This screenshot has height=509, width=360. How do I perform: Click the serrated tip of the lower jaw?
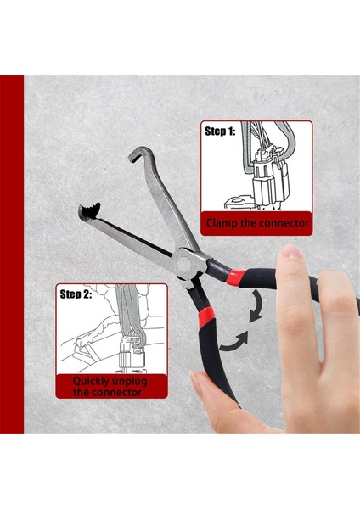click(87, 211)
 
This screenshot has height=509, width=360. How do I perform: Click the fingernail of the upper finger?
click(291, 254)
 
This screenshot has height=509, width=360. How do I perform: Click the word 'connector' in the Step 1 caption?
click(284, 225)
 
